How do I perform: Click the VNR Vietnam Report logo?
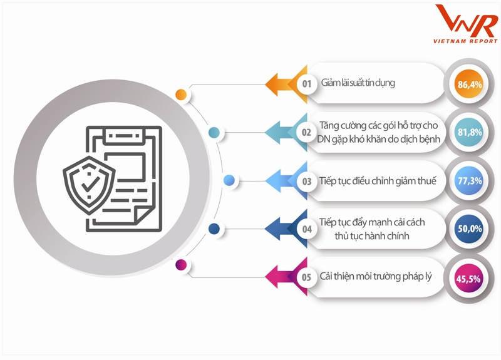tap(465, 25)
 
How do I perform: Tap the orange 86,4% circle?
tap(469, 84)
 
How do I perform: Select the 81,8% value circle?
tap(469, 133)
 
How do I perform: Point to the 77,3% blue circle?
tap(469, 181)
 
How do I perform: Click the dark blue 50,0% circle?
tap(469, 229)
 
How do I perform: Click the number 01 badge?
tap(307, 84)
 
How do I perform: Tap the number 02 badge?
tap(307, 133)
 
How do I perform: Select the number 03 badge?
tap(307, 182)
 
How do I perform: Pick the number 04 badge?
tap(307, 229)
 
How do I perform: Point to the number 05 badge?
tap(307, 277)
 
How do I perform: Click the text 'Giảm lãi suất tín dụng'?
tap(358, 83)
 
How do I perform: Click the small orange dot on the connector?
tap(181, 95)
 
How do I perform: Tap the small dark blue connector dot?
tap(214, 229)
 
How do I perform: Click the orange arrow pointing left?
tap(279, 84)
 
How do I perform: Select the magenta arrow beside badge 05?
tap(279, 277)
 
